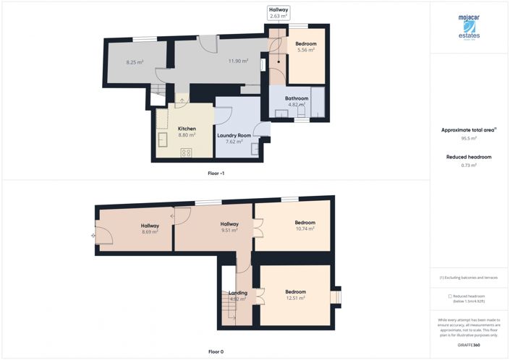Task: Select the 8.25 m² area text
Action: [x=135, y=62]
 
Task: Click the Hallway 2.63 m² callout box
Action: [x=279, y=12]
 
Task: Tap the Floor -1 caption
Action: [x=216, y=173]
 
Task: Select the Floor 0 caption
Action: [x=216, y=351]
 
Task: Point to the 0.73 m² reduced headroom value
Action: [x=469, y=165]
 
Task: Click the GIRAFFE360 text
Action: [x=469, y=346]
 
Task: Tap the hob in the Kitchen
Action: [x=186, y=152]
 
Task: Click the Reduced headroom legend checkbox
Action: [x=450, y=296]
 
